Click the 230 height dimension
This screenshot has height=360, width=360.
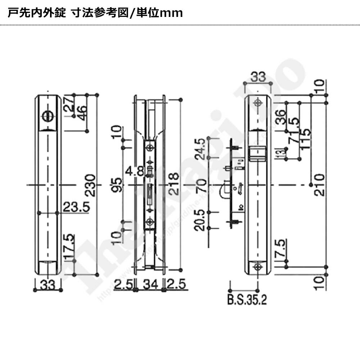click(x=91, y=185)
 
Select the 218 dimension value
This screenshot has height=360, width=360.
click(x=174, y=184)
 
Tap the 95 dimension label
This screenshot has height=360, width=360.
click(x=118, y=184)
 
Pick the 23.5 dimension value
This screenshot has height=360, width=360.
click(x=75, y=207)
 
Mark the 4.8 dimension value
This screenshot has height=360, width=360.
click(x=134, y=170)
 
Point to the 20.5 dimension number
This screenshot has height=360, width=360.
click(x=201, y=220)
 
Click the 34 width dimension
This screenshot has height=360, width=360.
click(x=149, y=285)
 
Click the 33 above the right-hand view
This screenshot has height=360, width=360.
click(x=258, y=77)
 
